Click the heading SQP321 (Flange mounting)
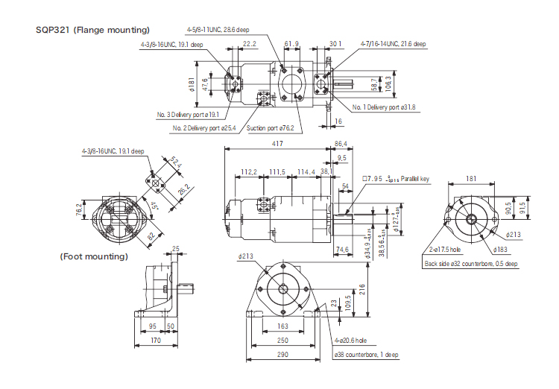pos(93,30)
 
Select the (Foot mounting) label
pos(94,256)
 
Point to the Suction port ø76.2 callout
pos(270,128)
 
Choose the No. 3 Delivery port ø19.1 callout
pos(188,115)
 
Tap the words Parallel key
pos(415,179)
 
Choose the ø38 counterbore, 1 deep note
pos(365,354)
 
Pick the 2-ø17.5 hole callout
pos(445,251)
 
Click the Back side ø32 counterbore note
pos(470,264)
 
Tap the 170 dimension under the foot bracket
pos(155,341)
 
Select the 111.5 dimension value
pos(277,172)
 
